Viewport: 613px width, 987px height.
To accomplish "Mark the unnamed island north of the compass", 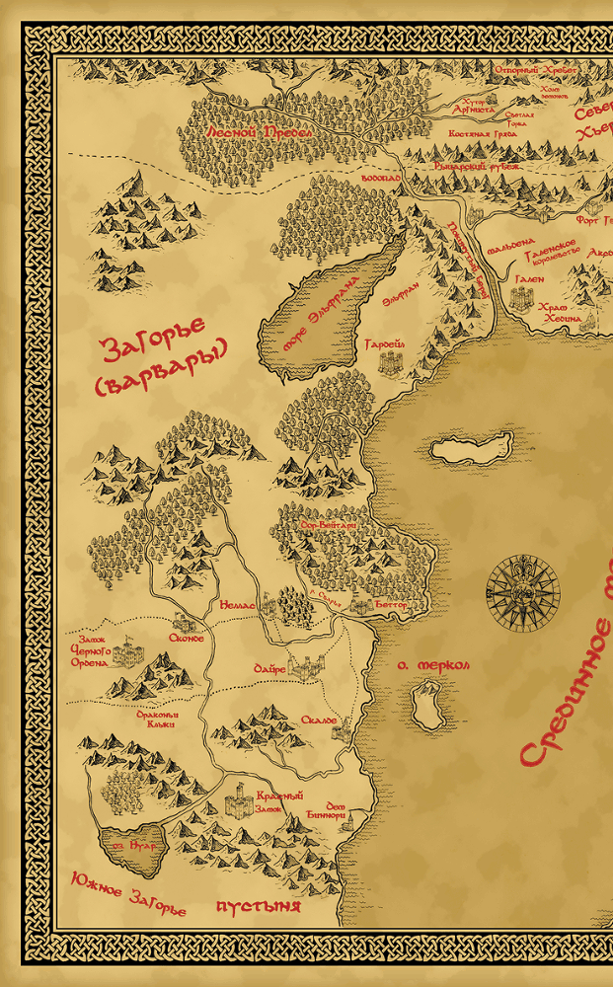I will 473,450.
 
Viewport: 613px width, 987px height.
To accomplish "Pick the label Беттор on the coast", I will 391,603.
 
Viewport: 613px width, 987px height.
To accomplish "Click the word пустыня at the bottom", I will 258,905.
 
